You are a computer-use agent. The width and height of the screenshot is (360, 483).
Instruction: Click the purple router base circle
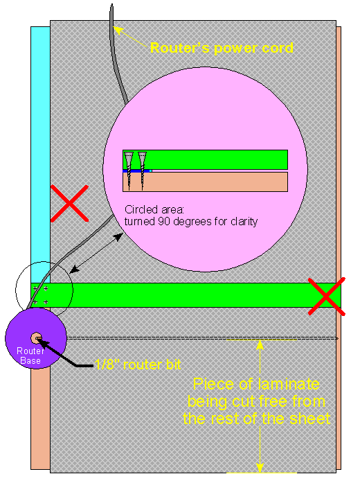[36, 338]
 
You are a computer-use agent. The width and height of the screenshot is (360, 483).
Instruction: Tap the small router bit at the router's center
[37, 338]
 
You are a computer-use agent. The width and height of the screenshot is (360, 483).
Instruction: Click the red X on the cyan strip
[69, 203]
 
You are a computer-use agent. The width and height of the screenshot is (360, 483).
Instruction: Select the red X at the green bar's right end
[327, 297]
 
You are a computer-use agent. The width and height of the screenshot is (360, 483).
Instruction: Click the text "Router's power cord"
[222, 48]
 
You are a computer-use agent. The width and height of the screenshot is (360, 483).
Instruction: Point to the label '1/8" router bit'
[138, 365]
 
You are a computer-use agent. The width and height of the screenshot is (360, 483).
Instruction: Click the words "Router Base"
[30, 355]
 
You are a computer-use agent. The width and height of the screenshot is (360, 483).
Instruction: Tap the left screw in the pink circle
[129, 170]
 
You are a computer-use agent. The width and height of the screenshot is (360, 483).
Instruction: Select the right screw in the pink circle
[142, 170]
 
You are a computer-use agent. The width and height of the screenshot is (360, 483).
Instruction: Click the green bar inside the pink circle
[205, 159]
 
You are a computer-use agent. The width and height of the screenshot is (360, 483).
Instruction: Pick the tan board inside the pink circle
[205, 182]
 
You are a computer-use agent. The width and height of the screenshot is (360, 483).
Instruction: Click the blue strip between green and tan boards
[137, 170]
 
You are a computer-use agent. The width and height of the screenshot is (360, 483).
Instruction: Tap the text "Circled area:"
[154, 209]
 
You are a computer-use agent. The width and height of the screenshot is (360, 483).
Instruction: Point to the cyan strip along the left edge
[40, 155]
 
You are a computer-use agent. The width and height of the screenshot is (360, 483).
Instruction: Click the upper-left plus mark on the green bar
[35, 289]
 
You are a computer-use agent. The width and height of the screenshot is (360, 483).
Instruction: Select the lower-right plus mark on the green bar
[46, 302]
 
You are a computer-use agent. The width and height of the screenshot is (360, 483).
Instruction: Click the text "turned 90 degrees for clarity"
[191, 222]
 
